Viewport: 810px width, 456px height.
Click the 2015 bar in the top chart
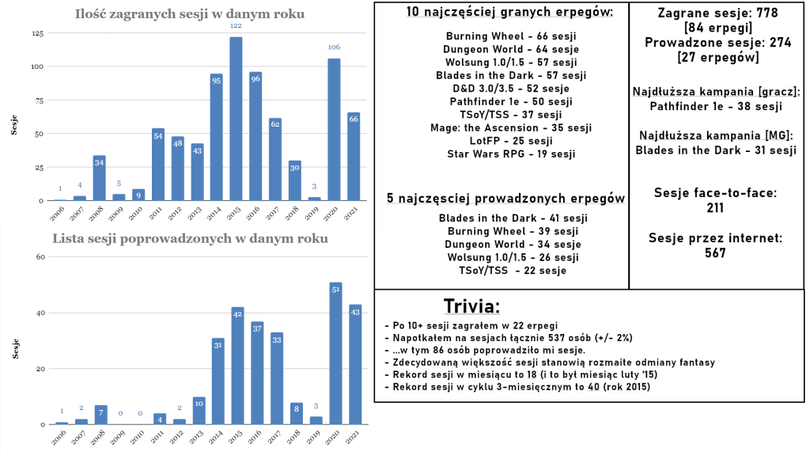236,119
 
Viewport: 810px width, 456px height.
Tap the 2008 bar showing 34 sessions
99,178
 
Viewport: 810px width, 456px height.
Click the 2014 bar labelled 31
216,381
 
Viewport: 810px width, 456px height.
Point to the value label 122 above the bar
236,27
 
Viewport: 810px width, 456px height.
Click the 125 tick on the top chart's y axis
37,33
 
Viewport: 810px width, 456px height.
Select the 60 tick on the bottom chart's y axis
40,257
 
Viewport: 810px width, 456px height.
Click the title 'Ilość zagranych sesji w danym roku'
190,14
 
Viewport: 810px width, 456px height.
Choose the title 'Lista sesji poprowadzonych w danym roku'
190,238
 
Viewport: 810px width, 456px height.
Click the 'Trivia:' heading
471,306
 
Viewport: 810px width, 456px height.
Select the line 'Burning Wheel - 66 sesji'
501,36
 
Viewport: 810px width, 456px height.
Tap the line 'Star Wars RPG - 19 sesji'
501,153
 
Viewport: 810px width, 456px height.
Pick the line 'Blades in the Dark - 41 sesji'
501,218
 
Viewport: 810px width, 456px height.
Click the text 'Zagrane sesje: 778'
718,13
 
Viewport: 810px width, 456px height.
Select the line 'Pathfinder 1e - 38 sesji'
716,106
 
